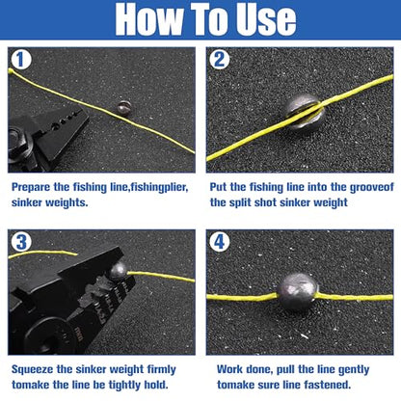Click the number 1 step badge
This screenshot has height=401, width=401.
[20, 60]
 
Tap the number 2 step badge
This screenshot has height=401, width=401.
[219, 60]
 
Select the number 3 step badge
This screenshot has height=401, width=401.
[21, 242]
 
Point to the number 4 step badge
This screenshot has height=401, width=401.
[220, 242]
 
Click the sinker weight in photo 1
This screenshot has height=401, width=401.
[123, 108]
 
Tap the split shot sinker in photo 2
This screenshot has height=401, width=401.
[305, 111]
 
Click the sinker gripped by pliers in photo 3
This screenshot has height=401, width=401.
[118, 272]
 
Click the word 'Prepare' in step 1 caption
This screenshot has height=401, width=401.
[31, 187]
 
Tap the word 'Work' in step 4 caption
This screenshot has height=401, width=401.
[229, 369]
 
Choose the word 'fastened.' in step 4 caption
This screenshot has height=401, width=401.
[328, 385]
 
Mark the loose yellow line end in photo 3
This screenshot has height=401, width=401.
[76, 254]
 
